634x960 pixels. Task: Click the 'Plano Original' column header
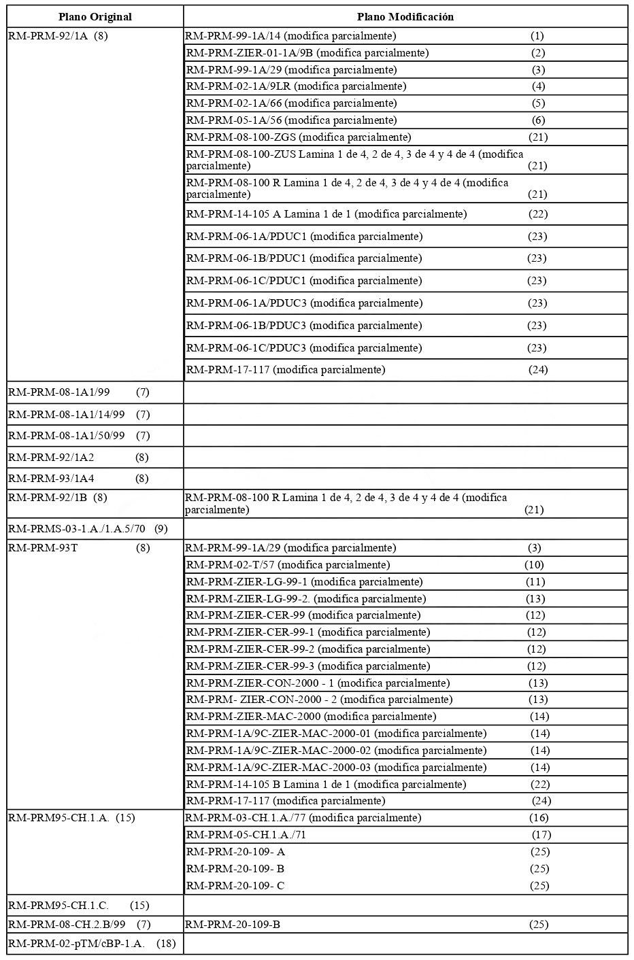pos(95,16)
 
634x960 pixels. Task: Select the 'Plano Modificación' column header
pos(405,16)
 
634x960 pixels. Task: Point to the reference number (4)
pos(538,86)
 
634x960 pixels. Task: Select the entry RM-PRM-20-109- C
pos(235,886)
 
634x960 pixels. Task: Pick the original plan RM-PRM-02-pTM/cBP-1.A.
pos(77,944)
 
